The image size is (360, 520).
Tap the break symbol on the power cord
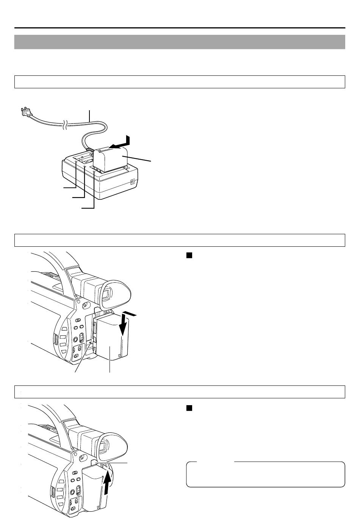[x=66, y=124]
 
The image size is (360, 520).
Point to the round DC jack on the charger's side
[x=133, y=182]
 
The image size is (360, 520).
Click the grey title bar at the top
[x=180, y=42]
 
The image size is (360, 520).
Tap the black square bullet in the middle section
[x=189, y=255]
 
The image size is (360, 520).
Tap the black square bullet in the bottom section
[x=189, y=408]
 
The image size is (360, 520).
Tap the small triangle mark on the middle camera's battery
[x=120, y=356]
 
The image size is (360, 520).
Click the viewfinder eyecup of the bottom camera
[x=114, y=445]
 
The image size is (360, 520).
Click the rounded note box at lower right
[x=265, y=474]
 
